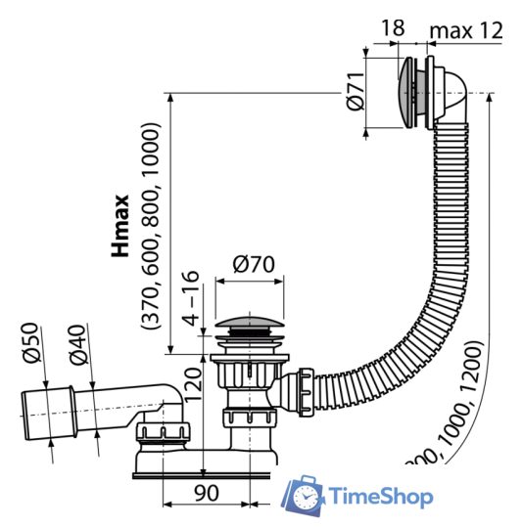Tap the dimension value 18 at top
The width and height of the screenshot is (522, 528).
coord(392,28)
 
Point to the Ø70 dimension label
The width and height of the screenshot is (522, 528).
coord(251,265)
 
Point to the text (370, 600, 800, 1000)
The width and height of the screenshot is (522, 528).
coord(150,227)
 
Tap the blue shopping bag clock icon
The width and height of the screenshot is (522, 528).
coord(306,496)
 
